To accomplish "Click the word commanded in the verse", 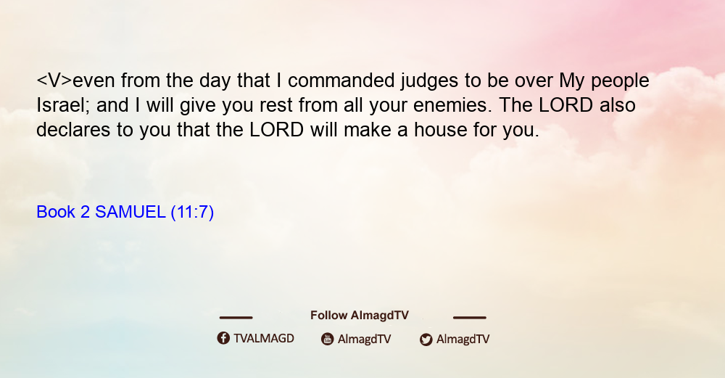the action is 341,81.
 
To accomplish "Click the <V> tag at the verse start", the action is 54,81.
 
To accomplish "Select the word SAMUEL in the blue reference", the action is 130,212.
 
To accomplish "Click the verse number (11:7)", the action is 192,213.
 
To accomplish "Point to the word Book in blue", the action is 56,212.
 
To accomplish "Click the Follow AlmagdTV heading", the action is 360,315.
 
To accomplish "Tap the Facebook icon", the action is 223,338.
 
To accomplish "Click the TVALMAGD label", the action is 264,338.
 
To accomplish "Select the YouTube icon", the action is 328,339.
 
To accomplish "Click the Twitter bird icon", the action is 426,340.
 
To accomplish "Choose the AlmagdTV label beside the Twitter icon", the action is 463,339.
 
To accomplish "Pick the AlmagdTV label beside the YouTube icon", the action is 365,339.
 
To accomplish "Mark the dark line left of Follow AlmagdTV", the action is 236,317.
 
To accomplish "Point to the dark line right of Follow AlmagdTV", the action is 470,317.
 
